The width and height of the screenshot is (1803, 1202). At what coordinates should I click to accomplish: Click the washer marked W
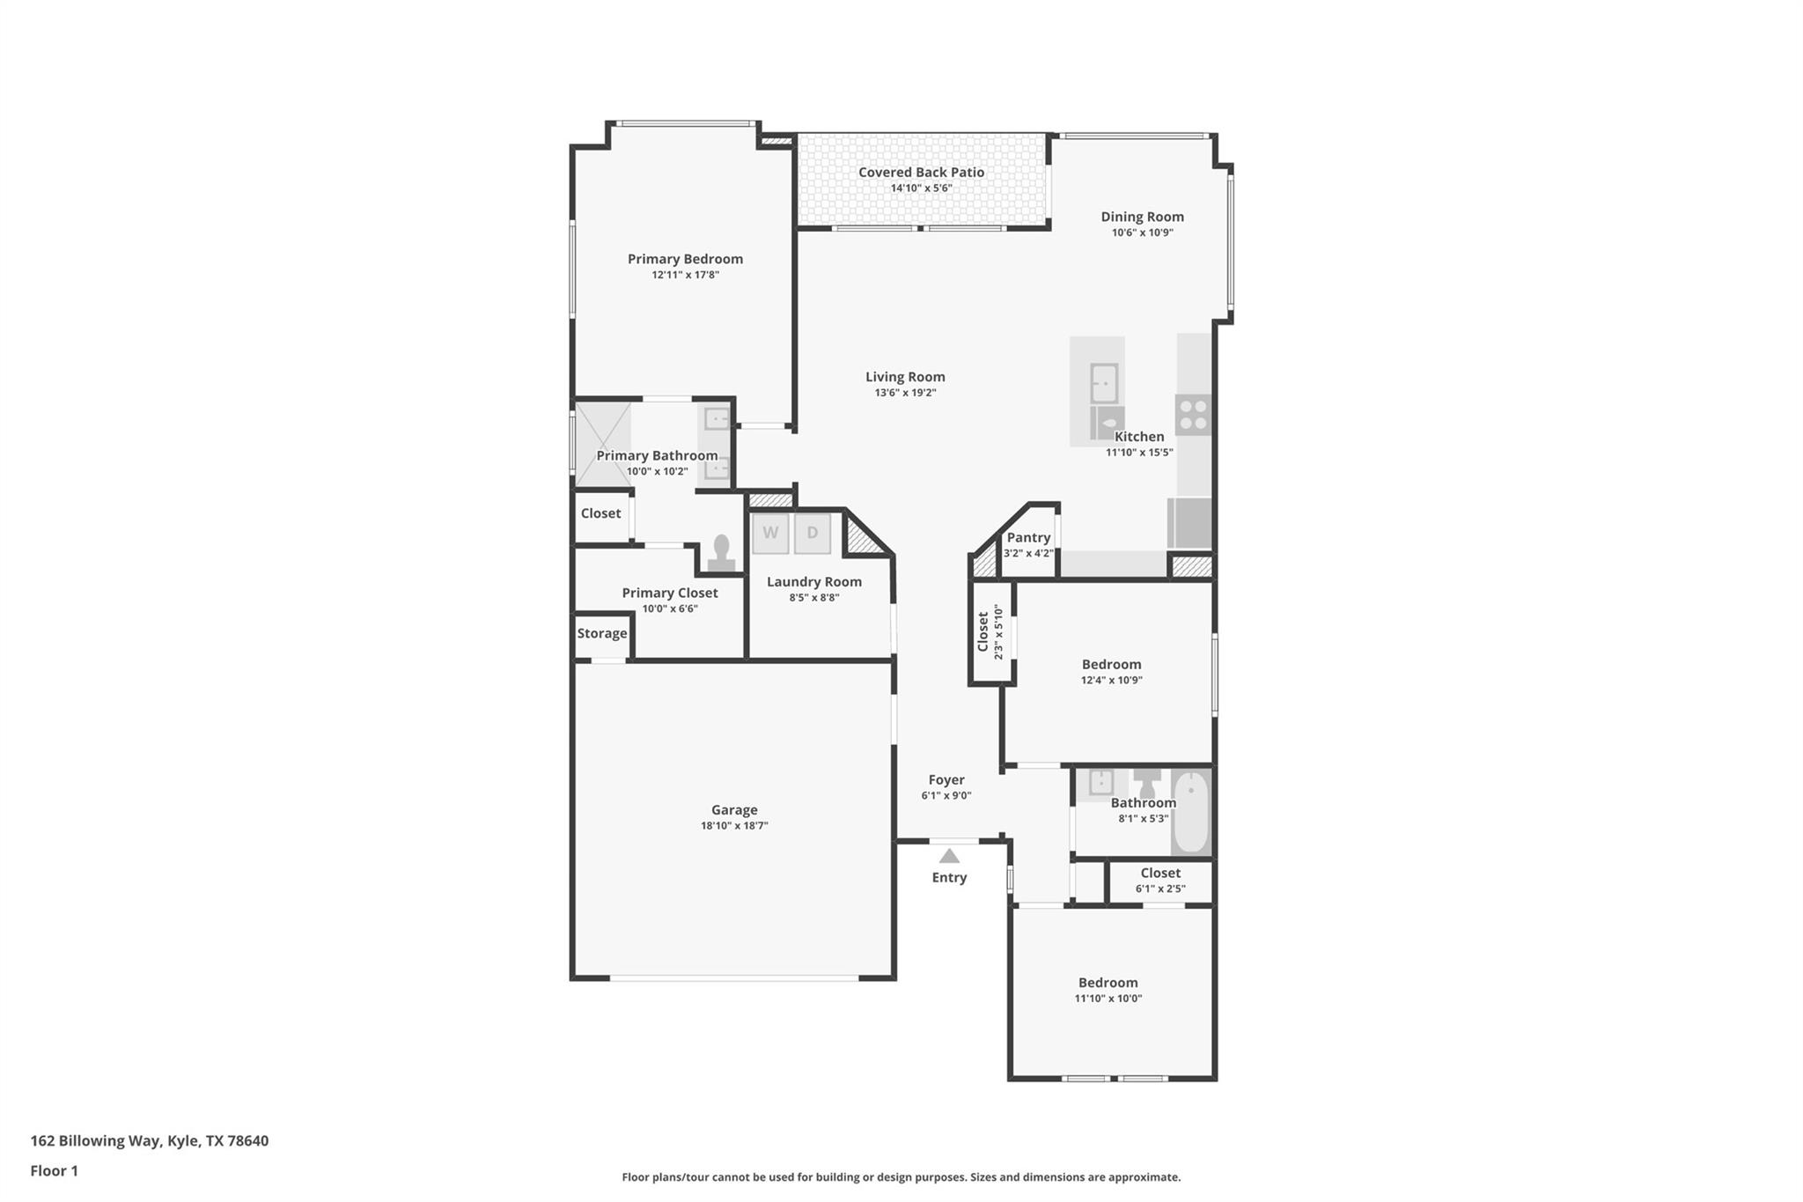click(x=770, y=533)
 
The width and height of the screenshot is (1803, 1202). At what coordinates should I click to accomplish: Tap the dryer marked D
click(x=812, y=533)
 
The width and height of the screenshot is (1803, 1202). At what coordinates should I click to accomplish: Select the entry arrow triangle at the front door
click(x=948, y=856)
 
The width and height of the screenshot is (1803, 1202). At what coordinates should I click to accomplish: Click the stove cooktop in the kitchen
click(x=1193, y=415)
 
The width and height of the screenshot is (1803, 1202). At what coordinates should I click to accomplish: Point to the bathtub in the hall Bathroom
click(x=1190, y=812)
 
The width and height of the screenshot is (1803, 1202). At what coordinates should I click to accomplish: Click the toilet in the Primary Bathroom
click(x=721, y=554)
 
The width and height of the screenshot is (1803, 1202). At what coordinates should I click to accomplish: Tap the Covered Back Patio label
click(x=921, y=173)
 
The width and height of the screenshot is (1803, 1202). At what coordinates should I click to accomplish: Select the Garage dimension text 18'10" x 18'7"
click(x=734, y=826)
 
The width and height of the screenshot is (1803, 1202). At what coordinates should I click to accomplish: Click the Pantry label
click(x=1028, y=537)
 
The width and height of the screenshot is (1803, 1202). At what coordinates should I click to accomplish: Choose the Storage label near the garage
click(x=602, y=633)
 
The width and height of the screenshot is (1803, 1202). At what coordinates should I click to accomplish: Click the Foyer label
click(x=946, y=779)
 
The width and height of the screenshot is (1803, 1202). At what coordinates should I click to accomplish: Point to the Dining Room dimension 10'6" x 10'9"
click(x=1142, y=232)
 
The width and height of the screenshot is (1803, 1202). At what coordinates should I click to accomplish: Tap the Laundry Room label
click(x=813, y=581)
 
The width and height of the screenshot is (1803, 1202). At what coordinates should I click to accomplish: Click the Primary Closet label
click(x=669, y=593)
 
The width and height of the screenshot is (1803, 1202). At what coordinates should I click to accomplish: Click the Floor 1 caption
click(x=54, y=1170)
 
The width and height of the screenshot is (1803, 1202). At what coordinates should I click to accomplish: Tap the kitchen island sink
click(x=1104, y=384)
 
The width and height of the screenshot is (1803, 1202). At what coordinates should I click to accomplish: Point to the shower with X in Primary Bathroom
click(x=602, y=443)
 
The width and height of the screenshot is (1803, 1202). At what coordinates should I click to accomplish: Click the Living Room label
click(x=904, y=377)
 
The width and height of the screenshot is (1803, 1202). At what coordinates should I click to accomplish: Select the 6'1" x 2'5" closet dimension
click(x=1159, y=889)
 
